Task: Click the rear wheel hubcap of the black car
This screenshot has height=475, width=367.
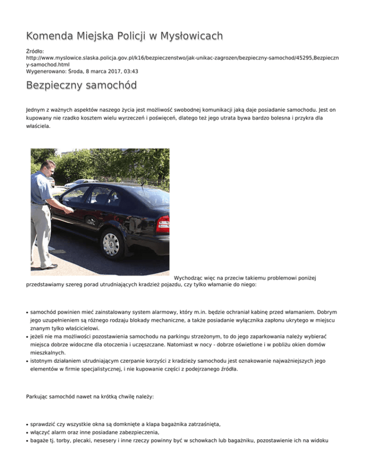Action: [111, 243]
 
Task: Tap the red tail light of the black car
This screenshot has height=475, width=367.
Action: [163, 224]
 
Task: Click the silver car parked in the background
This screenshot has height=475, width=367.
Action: [76, 183]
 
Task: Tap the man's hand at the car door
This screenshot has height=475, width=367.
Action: [70, 209]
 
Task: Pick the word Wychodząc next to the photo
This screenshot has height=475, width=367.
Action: [190, 277]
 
